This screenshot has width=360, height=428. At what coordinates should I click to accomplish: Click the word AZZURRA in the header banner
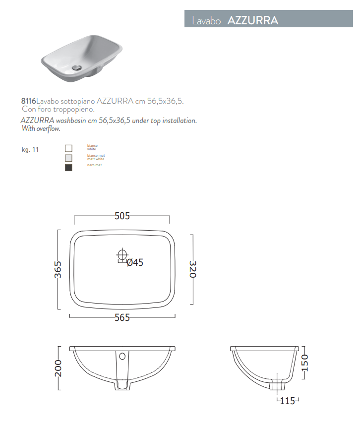pos(253,20)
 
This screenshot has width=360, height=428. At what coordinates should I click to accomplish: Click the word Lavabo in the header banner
pos(206,21)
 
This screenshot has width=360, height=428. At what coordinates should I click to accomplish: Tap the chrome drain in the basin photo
pos(77,67)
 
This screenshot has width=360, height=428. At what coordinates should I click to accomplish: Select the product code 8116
pos(28,101)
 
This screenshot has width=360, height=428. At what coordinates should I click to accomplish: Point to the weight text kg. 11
pos(30,150)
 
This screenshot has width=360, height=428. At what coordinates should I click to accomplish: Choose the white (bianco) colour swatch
pos(68,148)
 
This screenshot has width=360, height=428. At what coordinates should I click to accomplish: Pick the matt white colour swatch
pos(68,158)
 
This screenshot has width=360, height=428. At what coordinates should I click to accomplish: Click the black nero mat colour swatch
pos(68,168)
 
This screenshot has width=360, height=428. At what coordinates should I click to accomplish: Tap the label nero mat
pos(94,165)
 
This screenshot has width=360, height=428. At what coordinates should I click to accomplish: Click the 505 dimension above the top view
pos(122,216)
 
